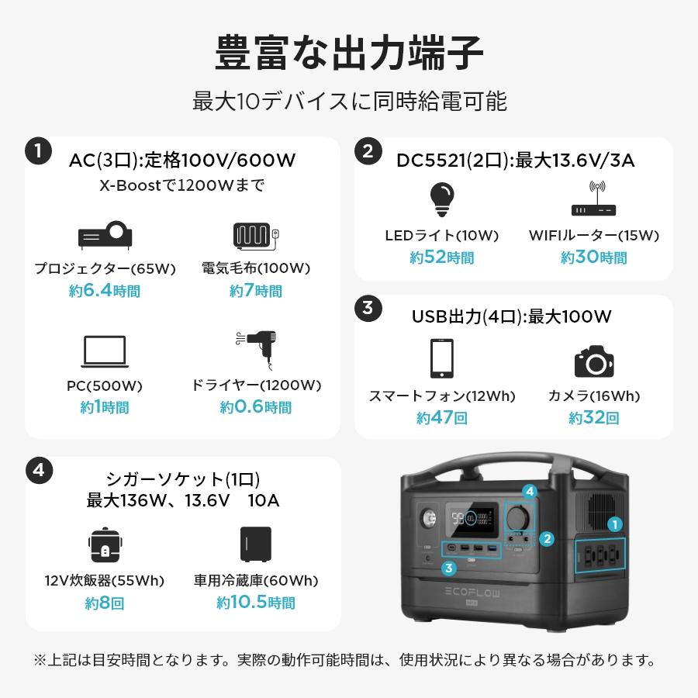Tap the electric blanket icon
(255, 235)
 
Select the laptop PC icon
(105, 352)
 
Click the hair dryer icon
(257, 350)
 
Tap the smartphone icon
(441, 358)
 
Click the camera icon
(594, 361)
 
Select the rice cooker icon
(105, 546)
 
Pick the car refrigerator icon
(256, 546)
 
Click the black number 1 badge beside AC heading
(39, 150)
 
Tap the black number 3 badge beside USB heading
(368, 308)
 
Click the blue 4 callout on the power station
(530, 492)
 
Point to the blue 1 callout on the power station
(615, 525)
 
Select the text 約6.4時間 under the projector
(105, 291)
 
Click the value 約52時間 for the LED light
(441, 257)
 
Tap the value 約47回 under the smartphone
(441, 418)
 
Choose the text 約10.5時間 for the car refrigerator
(256, 603)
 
